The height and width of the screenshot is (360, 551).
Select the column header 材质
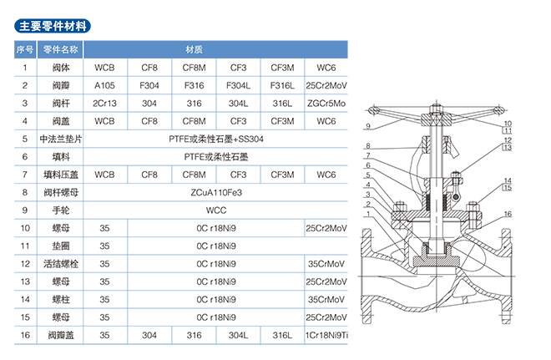(x=194, y=48)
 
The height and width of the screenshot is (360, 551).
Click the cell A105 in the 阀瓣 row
(x=105, y=85)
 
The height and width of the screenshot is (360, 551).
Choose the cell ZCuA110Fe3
(x=215, y=191)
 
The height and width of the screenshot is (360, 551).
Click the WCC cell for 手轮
(x=215, y=209)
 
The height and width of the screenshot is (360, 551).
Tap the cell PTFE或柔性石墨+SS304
(x=215, y=139)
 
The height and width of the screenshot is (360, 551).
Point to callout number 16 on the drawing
(x=506, y=215)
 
